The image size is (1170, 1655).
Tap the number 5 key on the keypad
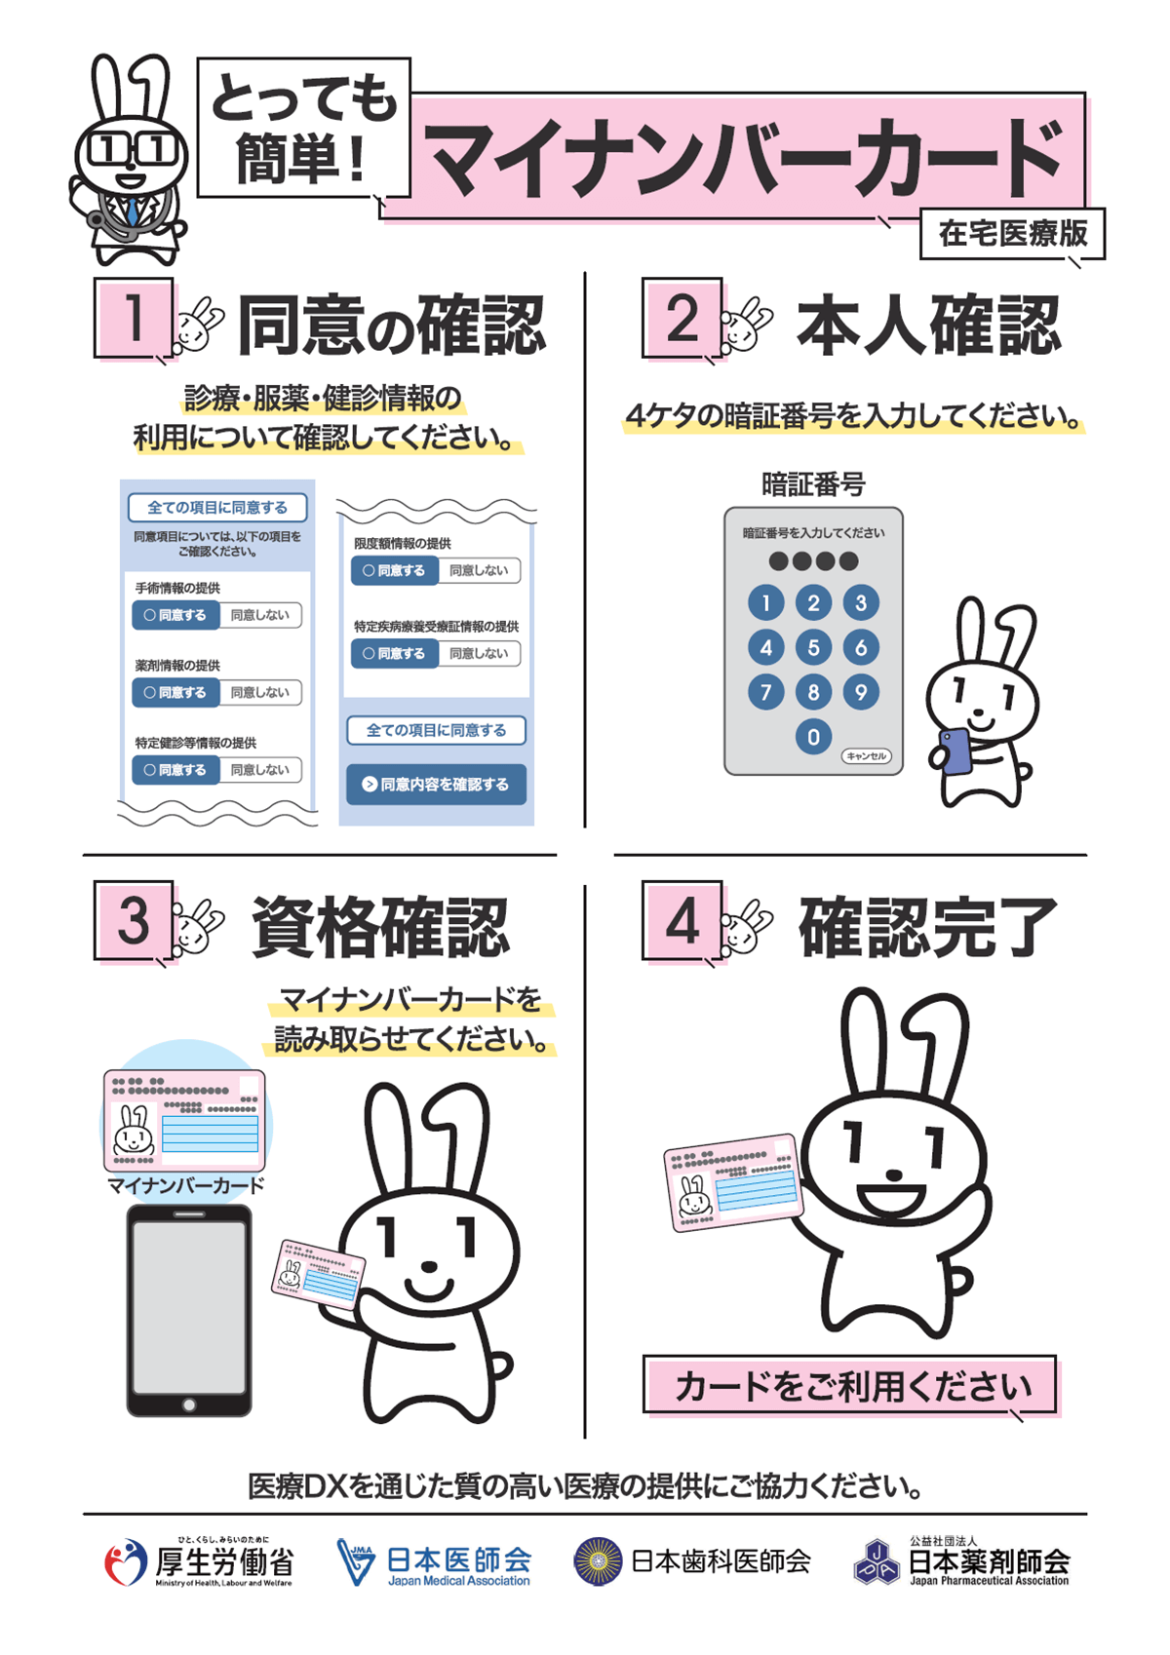[x=813, y=647]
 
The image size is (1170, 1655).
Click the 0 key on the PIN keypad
[x=813, y=737]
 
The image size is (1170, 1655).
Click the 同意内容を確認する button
[x=436, y=784]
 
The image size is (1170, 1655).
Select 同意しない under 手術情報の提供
[x=259, y=615]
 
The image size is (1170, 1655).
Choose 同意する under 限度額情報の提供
[x=395, y=570]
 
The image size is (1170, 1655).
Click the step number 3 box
[x=134, y=920]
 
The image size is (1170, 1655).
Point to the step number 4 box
[x=682, y=920]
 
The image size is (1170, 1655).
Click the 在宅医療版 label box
[x=1012, y=234]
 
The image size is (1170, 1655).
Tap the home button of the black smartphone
[x=189, y=1405]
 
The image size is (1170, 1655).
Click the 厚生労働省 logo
[x=199, y=1561]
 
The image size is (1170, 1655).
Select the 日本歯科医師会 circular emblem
[x=598, y=1561]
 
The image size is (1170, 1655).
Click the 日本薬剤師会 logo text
[x=989, y=1561]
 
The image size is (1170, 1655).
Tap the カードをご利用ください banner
[x=850, y=1384]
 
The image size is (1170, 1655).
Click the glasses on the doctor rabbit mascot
[x=132, y=149]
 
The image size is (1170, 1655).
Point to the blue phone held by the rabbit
[x=956, y=751]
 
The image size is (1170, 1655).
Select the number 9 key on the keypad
[x=860, y=692]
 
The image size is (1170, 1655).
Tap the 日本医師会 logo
[x=435, y=1561]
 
